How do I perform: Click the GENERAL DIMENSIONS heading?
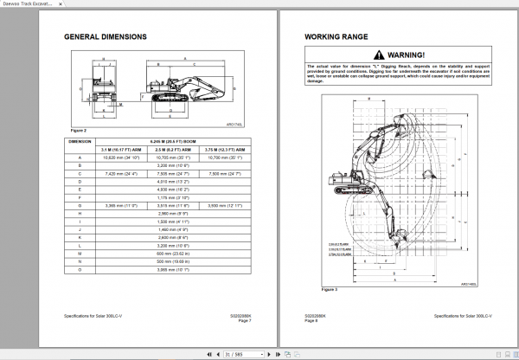tap(106, 37)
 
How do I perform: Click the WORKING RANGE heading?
tap(336, 37)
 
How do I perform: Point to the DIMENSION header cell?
tap(80, 140)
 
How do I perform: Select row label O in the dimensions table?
tap(80, 269)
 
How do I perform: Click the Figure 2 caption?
tap(78, 129)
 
